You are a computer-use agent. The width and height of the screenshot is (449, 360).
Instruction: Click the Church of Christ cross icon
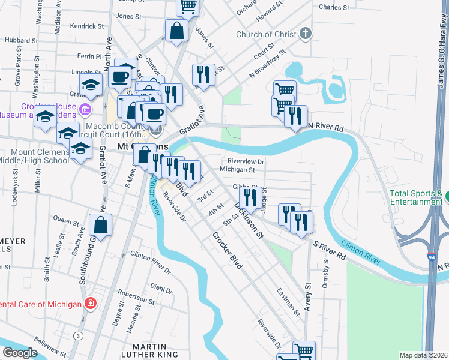(306, 33)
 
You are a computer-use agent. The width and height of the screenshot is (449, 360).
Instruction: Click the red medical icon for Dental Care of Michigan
(90, 304)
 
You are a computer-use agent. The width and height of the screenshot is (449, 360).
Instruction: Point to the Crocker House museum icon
(85, 110)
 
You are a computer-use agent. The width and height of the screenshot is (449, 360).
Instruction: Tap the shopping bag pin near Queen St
(101, 226)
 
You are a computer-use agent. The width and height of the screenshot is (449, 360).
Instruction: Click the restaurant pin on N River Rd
(295, 116)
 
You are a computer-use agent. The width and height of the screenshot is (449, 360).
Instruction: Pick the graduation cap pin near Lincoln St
(91, 86)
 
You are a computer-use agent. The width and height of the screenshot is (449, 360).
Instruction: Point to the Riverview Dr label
(246, 161)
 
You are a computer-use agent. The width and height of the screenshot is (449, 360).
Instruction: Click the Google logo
(20, 353)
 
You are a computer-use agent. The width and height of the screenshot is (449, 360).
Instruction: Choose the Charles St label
(334, 8)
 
